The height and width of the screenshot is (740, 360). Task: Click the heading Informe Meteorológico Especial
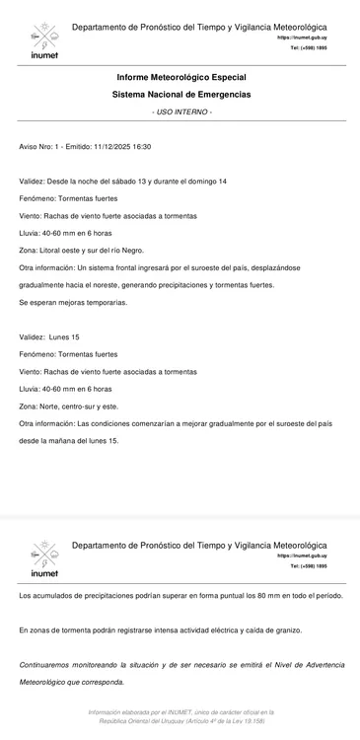tap(180, 77)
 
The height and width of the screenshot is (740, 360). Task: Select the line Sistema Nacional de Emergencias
tap(180, 94)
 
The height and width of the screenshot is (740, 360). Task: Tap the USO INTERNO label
tap(181, 111)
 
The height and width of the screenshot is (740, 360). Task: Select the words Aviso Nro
tap(36, 146)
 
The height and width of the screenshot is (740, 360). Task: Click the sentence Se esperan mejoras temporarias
tap(73, 302)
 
